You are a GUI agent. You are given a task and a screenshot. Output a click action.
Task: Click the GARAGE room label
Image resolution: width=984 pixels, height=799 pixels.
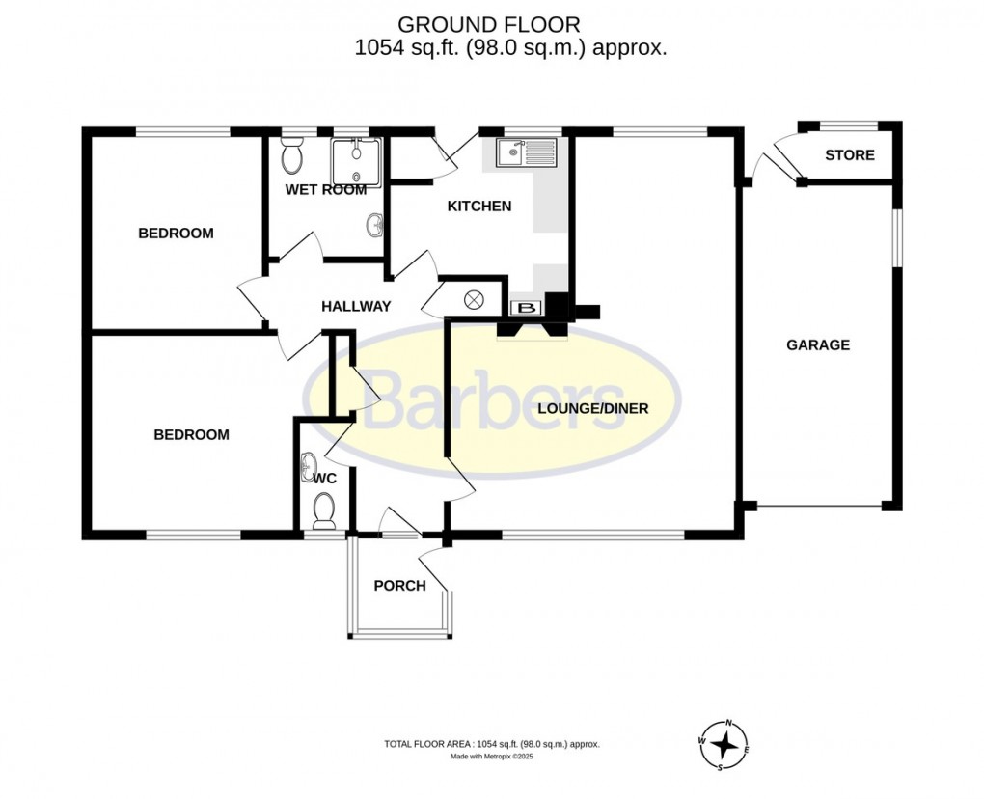817,344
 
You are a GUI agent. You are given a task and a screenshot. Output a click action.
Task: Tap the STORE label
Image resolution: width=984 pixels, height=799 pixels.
850,155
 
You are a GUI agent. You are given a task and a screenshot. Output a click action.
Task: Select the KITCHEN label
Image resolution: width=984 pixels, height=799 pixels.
478,206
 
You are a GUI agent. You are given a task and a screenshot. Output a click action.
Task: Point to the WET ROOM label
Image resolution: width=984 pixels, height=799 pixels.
326,190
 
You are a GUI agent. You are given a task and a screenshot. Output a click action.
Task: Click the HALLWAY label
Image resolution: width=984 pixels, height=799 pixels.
356,307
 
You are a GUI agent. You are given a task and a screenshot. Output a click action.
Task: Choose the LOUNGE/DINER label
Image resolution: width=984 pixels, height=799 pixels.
592,408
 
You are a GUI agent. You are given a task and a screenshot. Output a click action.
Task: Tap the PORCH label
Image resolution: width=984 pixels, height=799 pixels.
399,585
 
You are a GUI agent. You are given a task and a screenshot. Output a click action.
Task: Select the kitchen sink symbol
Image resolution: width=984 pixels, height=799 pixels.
526,151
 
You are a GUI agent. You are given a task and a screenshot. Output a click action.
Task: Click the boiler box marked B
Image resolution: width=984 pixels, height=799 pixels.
527,308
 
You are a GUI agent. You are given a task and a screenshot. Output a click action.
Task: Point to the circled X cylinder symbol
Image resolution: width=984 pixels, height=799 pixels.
475,300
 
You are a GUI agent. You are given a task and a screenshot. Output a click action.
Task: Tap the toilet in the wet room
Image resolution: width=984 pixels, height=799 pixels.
291,153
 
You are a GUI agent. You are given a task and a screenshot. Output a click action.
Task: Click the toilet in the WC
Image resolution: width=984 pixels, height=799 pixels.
324,510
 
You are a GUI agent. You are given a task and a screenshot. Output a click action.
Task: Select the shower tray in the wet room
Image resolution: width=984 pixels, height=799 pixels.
356,160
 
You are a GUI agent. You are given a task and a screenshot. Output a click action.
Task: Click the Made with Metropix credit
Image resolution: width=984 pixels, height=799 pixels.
492,757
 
